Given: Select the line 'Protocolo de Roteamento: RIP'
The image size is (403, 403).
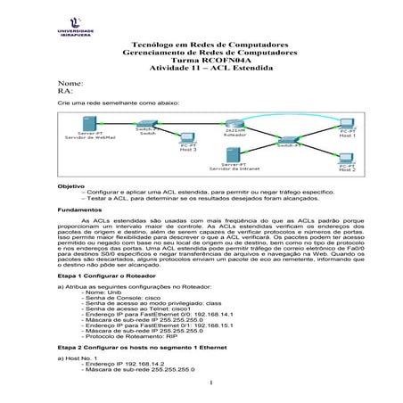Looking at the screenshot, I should click(x=135, y=336).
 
